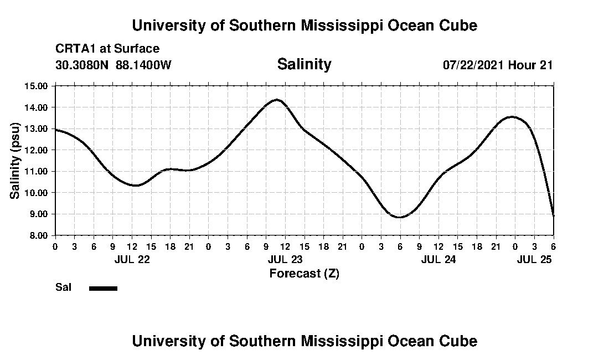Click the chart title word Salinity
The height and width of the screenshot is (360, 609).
(x=304, y=64)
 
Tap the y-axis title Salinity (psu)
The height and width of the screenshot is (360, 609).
(x=16, y=160)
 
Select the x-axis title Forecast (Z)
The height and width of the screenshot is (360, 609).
(x=304, y=273)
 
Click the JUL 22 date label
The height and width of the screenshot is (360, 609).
(x=132, y=259)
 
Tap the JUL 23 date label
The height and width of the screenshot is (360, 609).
(x=285, y=259)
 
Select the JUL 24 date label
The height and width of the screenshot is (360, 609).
(x=438, y=259)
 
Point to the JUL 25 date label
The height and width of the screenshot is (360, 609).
(x=534, y=259)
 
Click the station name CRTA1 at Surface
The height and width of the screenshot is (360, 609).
(x=107, y=49)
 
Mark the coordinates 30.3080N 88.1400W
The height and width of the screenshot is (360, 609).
(x=113, y=65)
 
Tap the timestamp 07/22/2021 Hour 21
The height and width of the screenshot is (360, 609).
(x=498, y=65)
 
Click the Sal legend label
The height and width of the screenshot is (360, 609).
(x=63, y=287)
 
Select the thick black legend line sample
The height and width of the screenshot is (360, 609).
(x=103, y=288)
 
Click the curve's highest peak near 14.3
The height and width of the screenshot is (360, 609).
(x=277, y=100)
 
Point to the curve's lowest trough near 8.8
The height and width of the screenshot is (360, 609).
(x=400, y=217)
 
